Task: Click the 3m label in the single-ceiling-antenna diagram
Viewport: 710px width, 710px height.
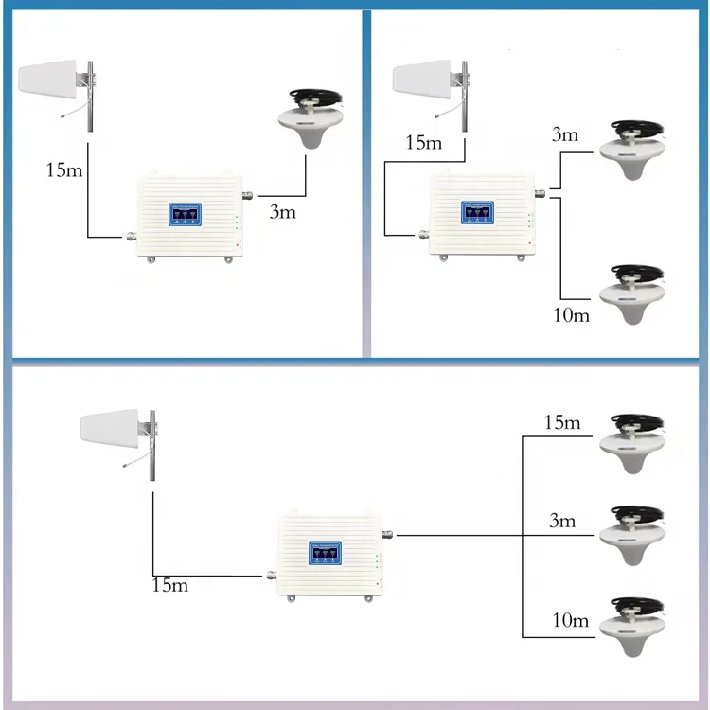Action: tap(283, 211)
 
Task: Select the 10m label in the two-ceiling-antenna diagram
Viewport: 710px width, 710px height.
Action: tap(570, 314)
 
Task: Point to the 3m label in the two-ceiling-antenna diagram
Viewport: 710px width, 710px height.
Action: tap(564, 134)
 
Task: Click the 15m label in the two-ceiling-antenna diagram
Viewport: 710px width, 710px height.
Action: tap(423, 143)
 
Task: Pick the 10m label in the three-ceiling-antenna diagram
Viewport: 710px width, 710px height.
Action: tap(571, 622)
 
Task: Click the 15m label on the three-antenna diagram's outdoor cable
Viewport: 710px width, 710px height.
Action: tap(169, 585)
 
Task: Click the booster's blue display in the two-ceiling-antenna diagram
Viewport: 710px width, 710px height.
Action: tap(477, 212)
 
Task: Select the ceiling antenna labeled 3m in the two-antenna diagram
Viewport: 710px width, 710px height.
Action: tap(635, 152)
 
